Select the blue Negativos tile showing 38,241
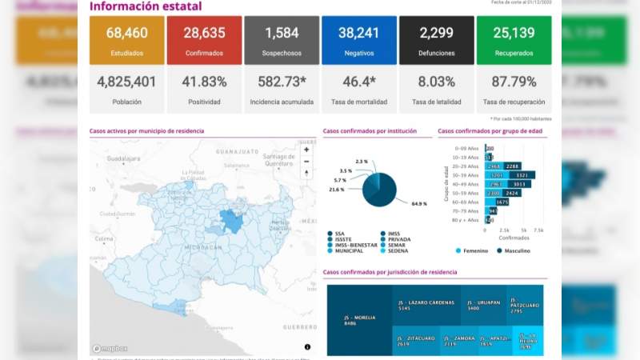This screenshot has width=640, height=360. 358,41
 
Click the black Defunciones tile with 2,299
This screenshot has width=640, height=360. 436,41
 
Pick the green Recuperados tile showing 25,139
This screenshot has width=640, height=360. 514,41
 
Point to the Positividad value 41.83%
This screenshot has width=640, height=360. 204,82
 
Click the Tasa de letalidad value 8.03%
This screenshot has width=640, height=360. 436,82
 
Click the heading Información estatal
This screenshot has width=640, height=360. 145,6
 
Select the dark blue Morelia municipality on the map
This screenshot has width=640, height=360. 232,221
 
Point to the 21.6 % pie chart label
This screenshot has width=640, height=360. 337,190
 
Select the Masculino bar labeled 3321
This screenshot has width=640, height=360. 521,174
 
